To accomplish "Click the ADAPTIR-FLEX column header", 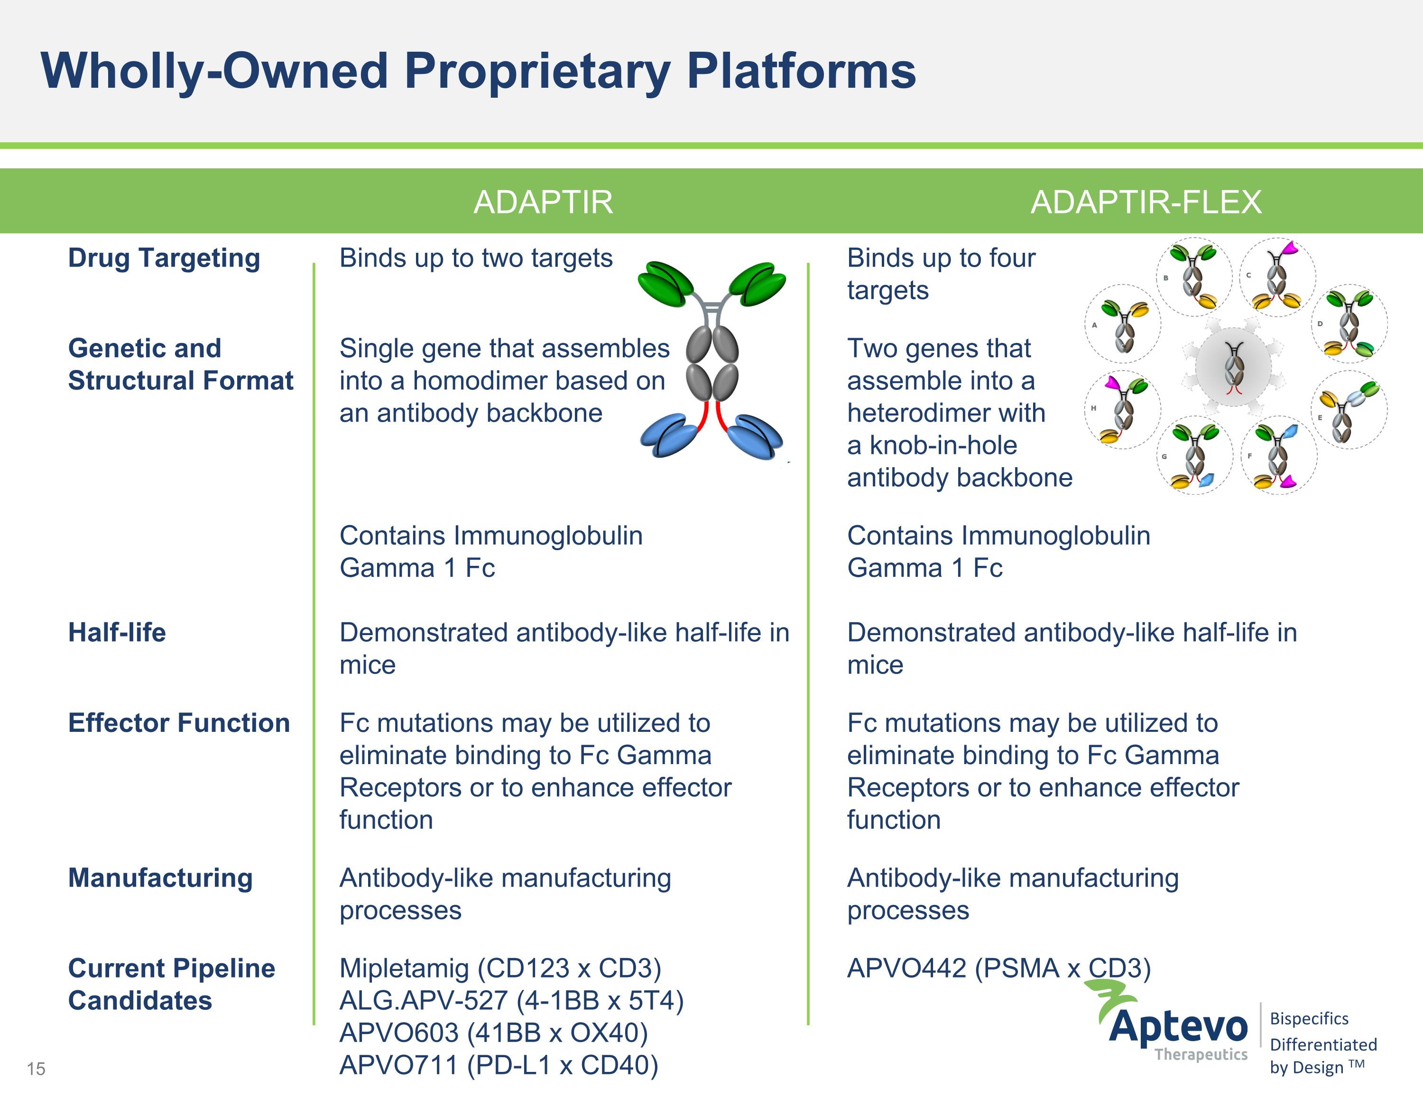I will click(1146, 202).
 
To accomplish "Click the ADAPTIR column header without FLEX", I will click(543, 202).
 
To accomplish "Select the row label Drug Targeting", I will click(164, 258).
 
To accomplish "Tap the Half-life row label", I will click(117, 632).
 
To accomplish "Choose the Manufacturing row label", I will click(160, 878).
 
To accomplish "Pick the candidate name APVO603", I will click(399, 1033).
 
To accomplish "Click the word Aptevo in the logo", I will click(1178, 1027).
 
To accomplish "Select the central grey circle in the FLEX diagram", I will click(1233, 367).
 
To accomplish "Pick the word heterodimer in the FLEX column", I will click(946, 413).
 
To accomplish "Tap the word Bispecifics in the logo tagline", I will click(1309, 1018).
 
